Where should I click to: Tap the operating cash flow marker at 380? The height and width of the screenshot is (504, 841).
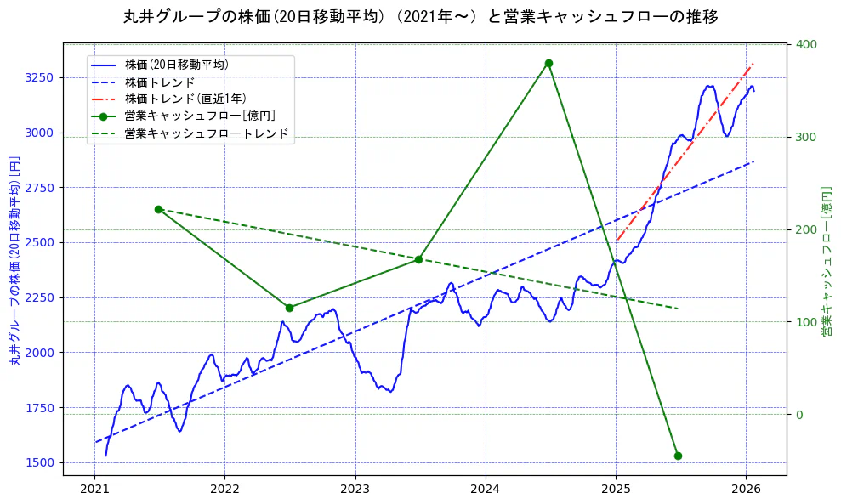(548, 64)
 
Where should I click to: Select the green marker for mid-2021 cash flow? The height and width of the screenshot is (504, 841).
(158, 209)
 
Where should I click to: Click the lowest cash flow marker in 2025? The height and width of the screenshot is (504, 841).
(678, 456)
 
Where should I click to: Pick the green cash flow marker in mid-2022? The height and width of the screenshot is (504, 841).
(289, 308)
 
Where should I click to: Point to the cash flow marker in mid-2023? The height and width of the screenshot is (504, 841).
(418, 259)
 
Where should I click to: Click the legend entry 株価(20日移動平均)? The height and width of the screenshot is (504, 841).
(176, 65)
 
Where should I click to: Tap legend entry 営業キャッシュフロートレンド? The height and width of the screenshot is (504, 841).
(206, 133)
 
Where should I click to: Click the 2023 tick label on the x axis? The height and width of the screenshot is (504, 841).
(355, 490)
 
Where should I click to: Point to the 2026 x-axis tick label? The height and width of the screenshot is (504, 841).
(746, 490)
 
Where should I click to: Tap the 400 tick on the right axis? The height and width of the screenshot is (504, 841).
(806, 44)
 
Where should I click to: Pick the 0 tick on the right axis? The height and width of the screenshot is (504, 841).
(798, 415)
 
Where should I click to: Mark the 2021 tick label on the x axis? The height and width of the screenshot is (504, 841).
(94, 490)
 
